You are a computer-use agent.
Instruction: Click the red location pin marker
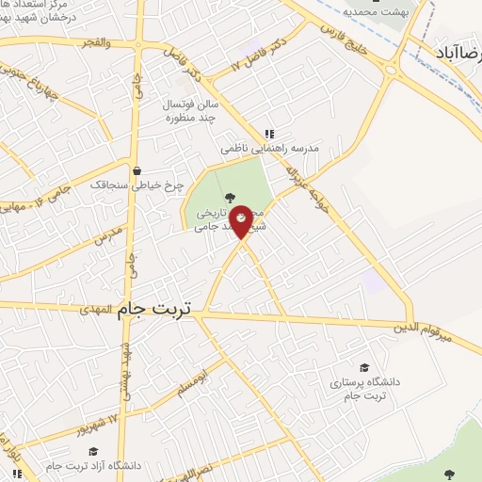coord(241,220)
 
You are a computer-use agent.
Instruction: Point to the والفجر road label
coord(96,42)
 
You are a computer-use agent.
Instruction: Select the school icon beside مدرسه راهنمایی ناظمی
coord(269,134)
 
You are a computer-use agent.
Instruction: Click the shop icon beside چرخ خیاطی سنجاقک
coord(138,171)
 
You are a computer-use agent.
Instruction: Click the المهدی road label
coord(96,308)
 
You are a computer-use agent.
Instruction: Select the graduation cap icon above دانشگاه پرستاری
coord(364,368)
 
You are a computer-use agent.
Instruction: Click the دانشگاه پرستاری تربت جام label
coord(364,391)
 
